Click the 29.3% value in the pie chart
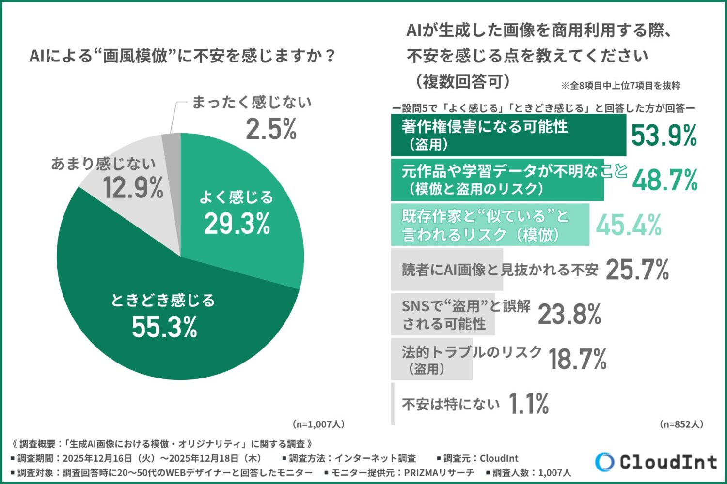pos(237,224)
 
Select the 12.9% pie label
pos(133,188)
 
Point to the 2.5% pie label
pos(271,130)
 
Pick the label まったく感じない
pos(252,102)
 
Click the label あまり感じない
pos(103,164)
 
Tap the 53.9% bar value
pos(664,135)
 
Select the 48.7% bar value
pos(665,180)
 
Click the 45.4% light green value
pos(629,225)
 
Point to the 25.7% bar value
pos(637,270)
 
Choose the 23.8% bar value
pos(569,315)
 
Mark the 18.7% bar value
pos(577,359)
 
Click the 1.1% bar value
pos(529,404)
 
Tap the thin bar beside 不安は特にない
pos(393,404)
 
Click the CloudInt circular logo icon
pos(604,462)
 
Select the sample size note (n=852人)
pos(681,424)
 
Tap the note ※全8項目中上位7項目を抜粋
pos(621,86)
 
